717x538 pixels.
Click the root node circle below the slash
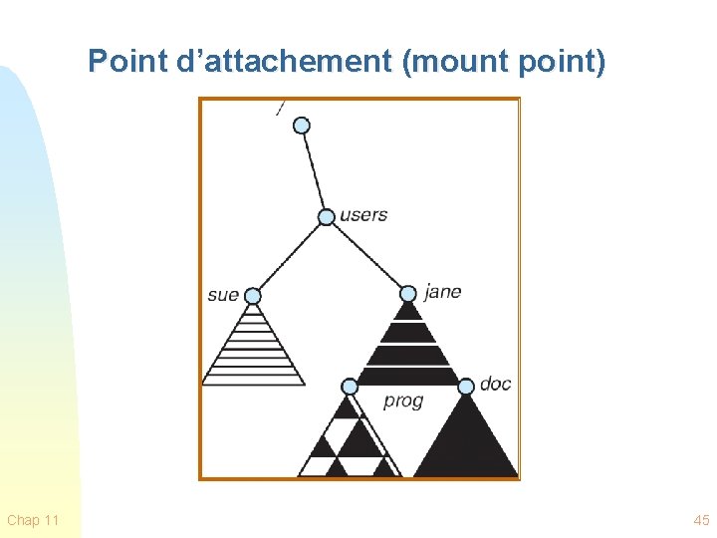(x=302, y=126)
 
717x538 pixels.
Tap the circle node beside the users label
(x=327, y=217)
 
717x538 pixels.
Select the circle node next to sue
(x=253, y=296)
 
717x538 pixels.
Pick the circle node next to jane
(x=408, y=293)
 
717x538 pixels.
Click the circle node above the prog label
(x=350, y=386)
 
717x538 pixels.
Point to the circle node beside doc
(x=465, y=386)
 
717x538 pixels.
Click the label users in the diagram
(x=363, y=214)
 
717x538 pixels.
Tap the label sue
(x=223, y=295)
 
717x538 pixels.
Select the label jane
(x=442, y=292)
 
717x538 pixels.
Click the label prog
(x=403, y=402)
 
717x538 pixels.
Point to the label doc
(x=495, y=384)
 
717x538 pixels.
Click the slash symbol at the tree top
(x=281, y=108)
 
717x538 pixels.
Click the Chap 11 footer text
(x=33, y=520)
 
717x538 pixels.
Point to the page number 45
(x=701, y=520)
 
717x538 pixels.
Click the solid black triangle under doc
(x=466, y=443)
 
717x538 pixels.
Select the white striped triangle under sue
(x=253, y=349)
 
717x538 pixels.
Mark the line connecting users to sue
(x=289, y=257)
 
